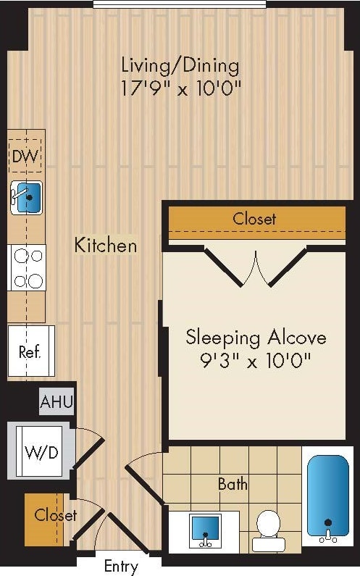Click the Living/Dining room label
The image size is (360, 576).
tap(180, 65)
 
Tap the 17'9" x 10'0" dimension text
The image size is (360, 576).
tap(180, 89)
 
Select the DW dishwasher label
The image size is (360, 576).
tap(26, 156)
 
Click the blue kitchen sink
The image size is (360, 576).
tap(28, 198)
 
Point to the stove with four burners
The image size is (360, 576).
tap(27, 267)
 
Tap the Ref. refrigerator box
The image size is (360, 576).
tap(30, 352)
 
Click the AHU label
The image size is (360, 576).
tap(56, 401)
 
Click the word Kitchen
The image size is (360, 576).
tap(106, 245)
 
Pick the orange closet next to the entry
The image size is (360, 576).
tap(46, 519)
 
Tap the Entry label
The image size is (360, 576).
tap(120, 566)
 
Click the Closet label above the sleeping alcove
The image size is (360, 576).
tap(254, 218)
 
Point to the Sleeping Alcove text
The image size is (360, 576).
tap(256, 337)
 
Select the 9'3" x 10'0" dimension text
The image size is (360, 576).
tap(256, 360)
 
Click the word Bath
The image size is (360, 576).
tap(233, 483)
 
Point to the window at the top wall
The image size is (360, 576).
tap(180, 4)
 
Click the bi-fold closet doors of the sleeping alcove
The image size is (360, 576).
tap(255, 267)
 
